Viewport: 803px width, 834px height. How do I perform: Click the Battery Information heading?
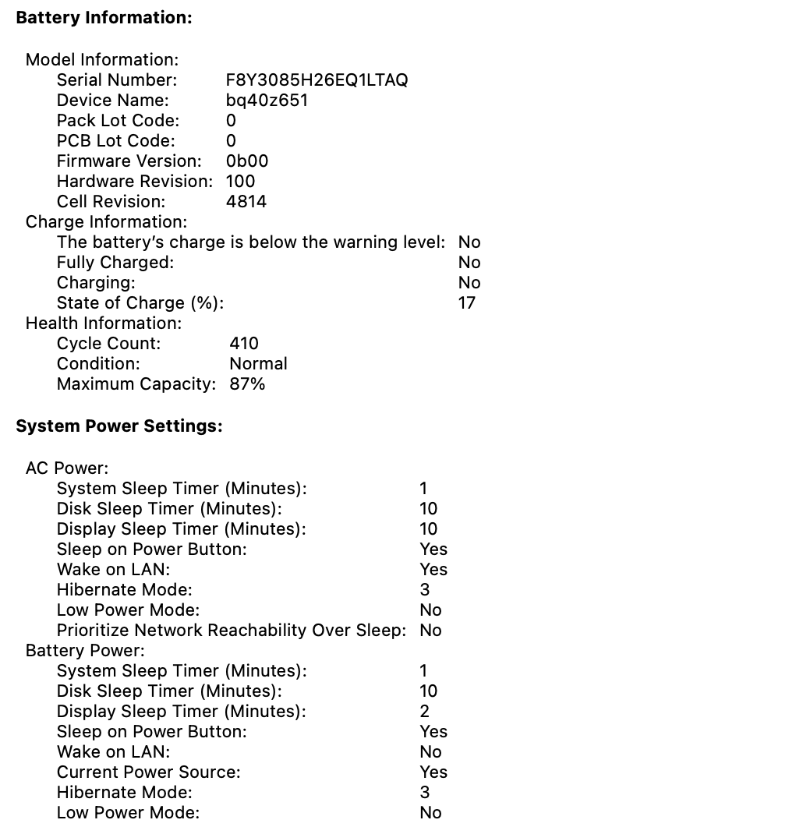104,17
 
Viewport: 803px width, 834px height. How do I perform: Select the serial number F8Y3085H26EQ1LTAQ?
317,80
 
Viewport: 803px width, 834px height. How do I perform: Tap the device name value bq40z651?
267,100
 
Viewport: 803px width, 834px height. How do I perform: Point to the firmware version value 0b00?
247,161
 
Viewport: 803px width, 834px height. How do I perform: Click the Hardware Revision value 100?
240,181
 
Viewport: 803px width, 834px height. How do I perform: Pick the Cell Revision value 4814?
246,201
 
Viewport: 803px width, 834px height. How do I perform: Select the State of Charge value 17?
467,302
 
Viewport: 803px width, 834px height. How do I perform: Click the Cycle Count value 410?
244,343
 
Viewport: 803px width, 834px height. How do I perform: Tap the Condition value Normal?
258,363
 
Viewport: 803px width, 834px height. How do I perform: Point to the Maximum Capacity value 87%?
247,383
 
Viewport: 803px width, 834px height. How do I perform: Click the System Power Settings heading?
119,426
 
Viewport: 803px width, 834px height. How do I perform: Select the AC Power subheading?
67,468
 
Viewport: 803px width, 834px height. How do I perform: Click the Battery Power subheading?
85,650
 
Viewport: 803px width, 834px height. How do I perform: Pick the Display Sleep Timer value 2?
425,711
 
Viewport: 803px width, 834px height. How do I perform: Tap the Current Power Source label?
148,772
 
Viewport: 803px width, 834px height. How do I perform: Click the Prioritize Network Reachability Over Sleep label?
231,630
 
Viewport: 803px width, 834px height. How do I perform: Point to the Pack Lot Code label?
118,120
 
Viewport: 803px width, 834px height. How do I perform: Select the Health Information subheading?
104,323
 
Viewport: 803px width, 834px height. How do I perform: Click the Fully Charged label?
115,262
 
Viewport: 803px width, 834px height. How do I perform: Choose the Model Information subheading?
102,59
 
